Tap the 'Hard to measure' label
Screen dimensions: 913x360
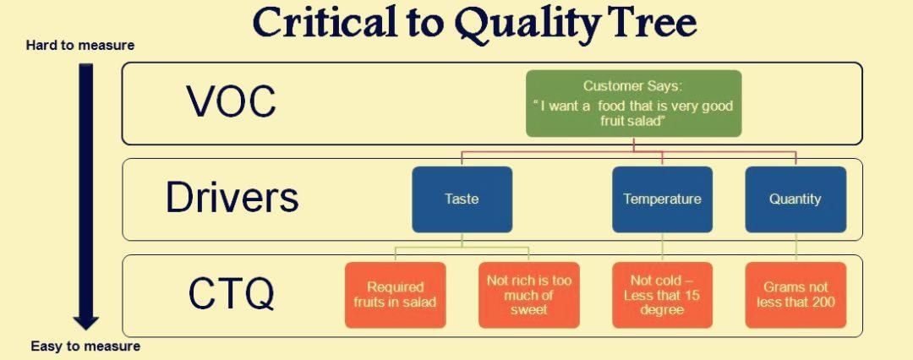point(80,46)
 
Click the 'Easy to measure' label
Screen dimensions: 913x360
point(85,346)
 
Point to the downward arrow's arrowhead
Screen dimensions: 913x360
point(85,322)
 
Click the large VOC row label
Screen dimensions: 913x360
point(231,101)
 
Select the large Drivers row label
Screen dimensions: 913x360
point(232,198)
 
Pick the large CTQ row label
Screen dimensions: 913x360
point(231,294)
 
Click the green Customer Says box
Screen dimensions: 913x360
point(633,104)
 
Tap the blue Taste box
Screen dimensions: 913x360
point(462,199)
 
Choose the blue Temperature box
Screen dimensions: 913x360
point(662,199)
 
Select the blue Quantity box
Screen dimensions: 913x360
point(795,199)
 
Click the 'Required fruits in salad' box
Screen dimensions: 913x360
point(396,295)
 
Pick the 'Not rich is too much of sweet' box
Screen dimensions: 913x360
point(528,295)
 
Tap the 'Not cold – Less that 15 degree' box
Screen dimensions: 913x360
point(662,295)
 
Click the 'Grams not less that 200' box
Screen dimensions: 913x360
point(795,295)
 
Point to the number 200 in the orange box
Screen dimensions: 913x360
point(824,302)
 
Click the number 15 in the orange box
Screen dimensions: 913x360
point(692,295)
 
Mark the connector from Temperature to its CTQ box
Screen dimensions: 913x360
point(662,247)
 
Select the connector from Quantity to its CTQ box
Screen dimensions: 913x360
point(795,247)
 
